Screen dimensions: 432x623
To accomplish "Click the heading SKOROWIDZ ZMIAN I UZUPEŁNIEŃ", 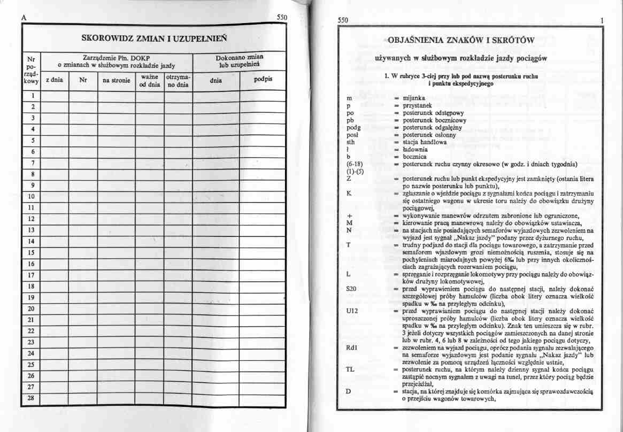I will tap(155, 38).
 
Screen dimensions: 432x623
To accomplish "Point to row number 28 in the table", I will tap(31, 398).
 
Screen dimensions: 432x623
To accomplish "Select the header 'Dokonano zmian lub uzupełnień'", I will tap(239, 60).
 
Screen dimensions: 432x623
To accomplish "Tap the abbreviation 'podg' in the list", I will tap(354, 128).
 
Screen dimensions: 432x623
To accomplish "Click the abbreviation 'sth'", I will tap(351, 143).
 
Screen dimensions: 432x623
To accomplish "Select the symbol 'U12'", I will tap(352, 310).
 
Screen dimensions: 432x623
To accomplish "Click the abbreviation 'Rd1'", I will tap(352, 347).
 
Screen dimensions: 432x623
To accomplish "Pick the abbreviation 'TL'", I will tap(350, 369).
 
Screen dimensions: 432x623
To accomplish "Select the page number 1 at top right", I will tap(602, 20).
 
